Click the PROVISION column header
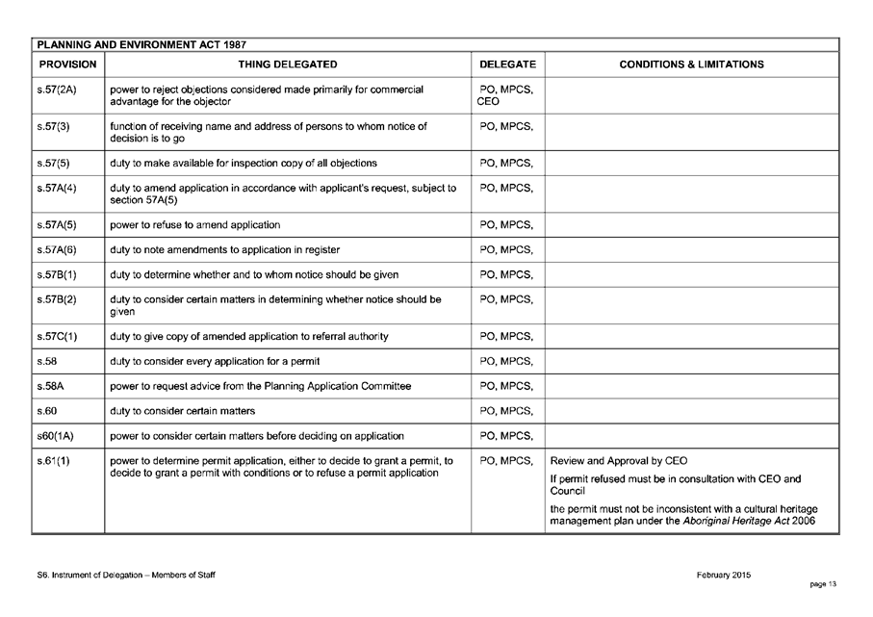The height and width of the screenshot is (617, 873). click(66, 64)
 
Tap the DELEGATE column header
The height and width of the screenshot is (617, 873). click(507, 64)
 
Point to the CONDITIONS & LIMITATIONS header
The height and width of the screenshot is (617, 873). click(691, 64)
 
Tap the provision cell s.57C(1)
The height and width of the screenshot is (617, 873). click(54, 336)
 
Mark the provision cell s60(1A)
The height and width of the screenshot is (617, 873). click(53, 435)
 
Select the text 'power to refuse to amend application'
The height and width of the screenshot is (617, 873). click(195, 225)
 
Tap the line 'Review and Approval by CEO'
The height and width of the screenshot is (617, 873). click(619, 460)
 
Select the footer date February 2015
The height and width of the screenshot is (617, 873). click(724, 575)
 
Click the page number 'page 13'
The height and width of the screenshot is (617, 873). click(822, 585)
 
